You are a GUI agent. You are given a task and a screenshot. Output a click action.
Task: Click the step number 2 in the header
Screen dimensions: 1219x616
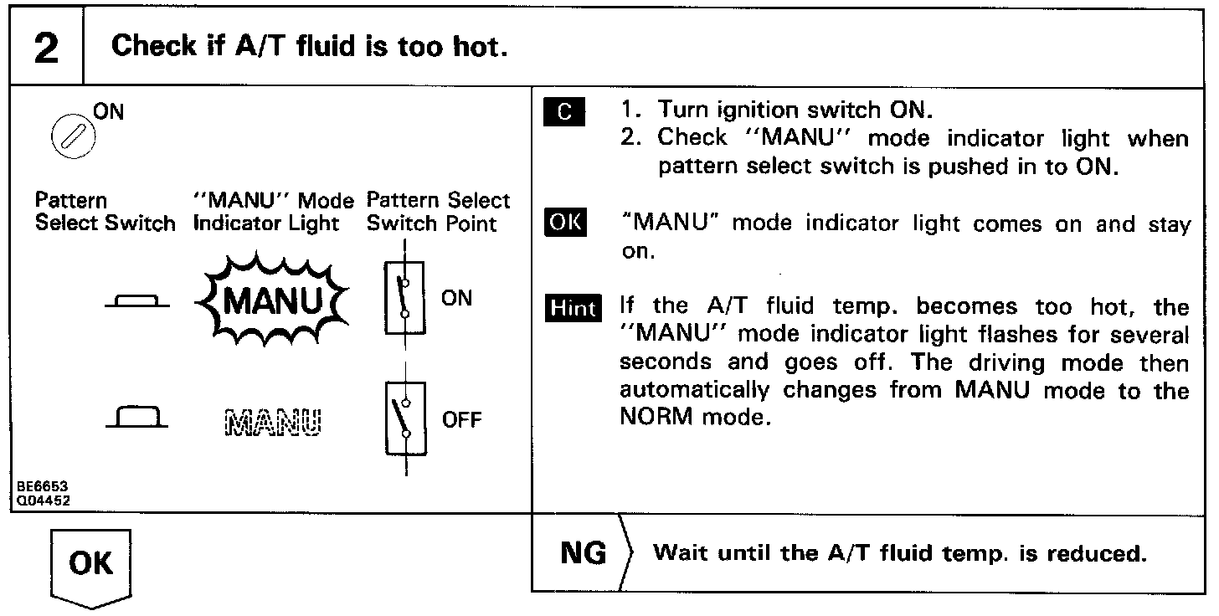47,48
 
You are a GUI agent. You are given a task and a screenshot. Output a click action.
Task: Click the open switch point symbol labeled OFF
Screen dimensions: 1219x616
404,419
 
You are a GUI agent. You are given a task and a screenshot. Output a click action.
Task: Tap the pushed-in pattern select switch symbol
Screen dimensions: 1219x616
138,302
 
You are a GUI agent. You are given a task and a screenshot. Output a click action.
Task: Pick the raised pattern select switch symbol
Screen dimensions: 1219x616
137,418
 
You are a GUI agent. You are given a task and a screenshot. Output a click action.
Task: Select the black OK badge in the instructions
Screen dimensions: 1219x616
565,224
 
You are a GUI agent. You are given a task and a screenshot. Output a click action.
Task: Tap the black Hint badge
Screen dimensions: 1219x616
573,308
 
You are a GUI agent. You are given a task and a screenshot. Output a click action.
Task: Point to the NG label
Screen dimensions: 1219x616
584,553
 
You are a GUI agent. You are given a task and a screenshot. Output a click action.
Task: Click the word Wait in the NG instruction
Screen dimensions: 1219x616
678,553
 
